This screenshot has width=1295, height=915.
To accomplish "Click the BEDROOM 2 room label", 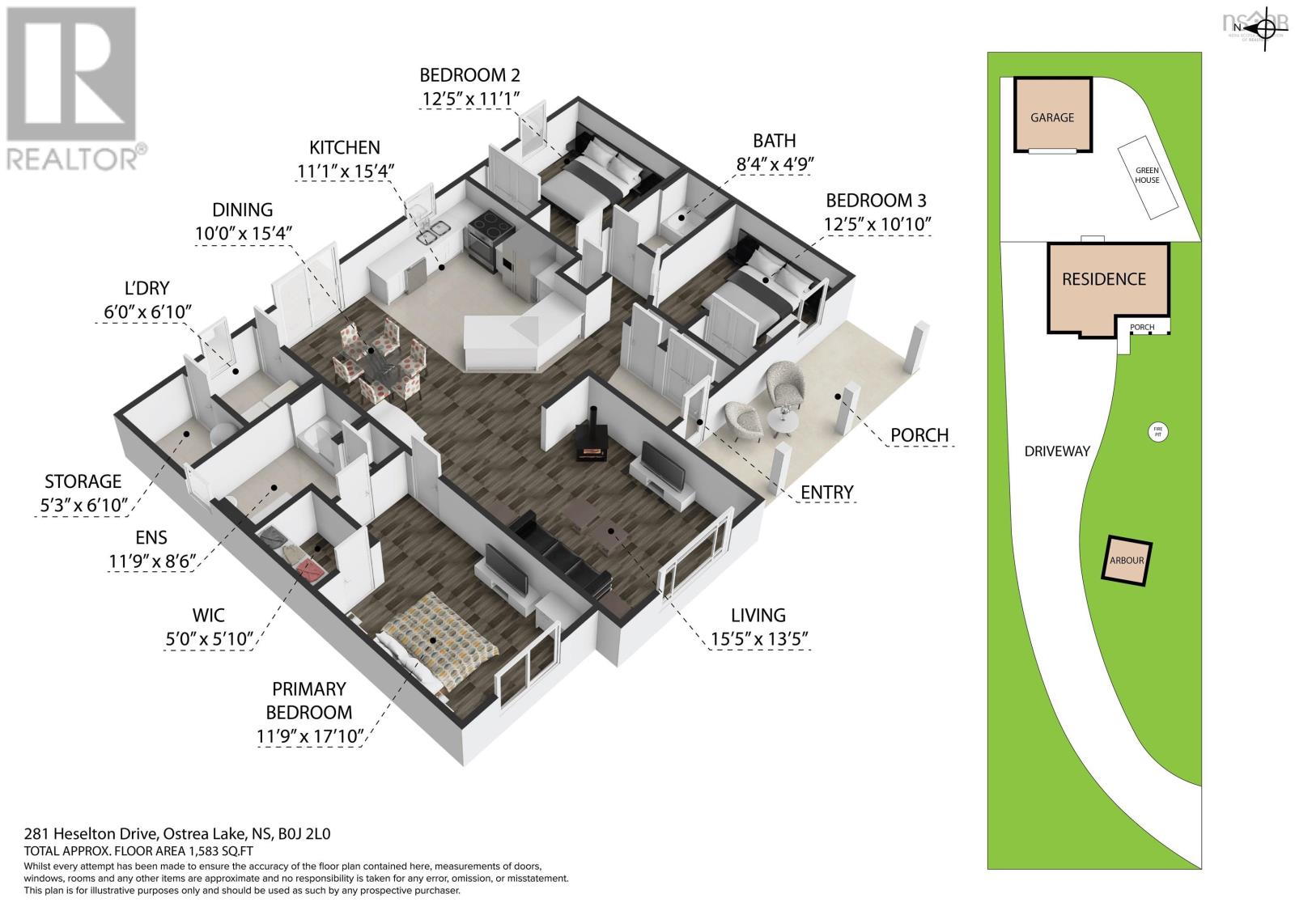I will [x=469, y=75].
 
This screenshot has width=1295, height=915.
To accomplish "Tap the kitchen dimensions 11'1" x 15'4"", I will [x=344, y=172].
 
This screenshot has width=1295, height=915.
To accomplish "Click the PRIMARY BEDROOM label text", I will [x=308, y=701].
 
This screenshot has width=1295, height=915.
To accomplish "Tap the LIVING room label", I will [x=758, y=616].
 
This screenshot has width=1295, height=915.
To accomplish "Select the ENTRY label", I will [x=826, y=492].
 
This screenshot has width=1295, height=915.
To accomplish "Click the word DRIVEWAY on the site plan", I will [x=1057, y=451].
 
